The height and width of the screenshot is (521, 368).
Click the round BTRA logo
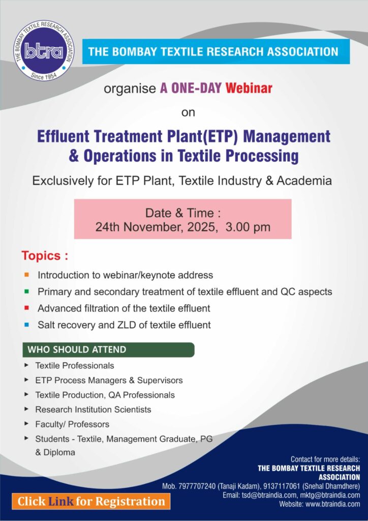click(44, 50)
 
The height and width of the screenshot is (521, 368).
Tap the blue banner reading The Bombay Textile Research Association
click(216, 51)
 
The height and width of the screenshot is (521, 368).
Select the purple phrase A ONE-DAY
click(191, 89)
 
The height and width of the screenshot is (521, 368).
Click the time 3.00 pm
click(248, 227)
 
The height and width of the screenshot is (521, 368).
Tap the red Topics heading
click(45, 256)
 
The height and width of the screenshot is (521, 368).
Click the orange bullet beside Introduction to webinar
click(26, 275)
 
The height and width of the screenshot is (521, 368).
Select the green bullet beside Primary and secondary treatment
click(26, 292)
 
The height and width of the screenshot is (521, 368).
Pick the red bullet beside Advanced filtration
click(26, 308)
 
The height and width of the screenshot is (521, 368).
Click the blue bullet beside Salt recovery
click(26, 325)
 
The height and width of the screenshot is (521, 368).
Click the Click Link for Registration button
click(91, 501)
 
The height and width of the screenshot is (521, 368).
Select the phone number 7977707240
click(197, 486)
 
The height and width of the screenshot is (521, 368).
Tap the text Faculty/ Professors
click(72, 424)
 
